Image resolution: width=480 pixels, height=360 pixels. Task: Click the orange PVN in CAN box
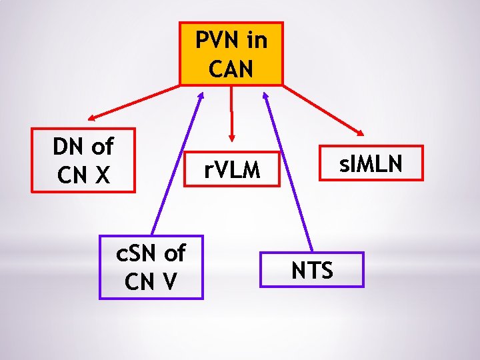click(231, 53)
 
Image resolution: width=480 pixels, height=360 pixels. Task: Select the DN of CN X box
click(83, 160)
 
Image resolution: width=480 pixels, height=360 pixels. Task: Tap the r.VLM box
click(231, 171)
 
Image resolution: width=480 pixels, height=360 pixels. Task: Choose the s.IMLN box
click(371, 163)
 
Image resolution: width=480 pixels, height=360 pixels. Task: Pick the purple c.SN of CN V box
click(151, 267)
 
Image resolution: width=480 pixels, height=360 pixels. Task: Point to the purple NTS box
click(311, 269)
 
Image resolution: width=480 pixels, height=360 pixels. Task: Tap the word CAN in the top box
click(231, 67)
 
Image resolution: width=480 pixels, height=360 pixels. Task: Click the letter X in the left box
click(102, 175)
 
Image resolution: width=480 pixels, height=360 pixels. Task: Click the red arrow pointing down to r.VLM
click(231, 113)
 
